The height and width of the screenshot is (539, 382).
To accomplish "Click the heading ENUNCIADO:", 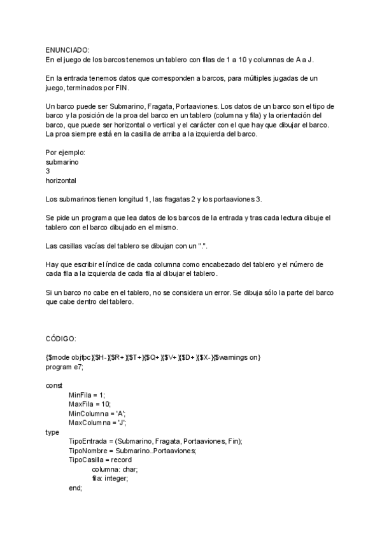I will (67, 50).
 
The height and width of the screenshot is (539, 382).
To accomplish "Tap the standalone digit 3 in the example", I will (48, 171).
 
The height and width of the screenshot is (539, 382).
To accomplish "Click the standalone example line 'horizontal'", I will (61, 181).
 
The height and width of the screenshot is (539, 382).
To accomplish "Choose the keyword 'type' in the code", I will (53, 432).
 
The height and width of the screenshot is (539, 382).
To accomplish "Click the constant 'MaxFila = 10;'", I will (90, 404).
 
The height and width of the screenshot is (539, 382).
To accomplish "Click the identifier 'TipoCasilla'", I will (88, 460).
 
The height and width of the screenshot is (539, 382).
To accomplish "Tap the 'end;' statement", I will (76, 488).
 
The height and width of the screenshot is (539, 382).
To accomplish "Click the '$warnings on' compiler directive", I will (236, 358).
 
